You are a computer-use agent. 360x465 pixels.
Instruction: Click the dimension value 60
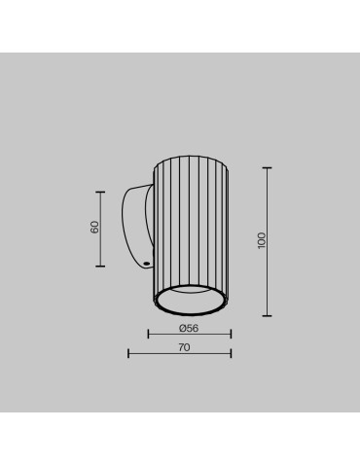94,227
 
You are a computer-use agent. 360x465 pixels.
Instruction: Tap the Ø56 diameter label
190,328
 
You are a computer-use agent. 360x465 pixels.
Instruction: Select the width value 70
185,346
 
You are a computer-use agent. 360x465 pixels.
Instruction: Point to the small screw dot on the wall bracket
145,261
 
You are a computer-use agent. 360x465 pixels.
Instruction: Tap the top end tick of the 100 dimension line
268,167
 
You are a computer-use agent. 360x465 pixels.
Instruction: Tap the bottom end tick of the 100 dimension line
268,315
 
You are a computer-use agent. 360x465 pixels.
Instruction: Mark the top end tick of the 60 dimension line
101,190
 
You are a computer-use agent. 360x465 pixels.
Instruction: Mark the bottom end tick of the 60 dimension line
101,266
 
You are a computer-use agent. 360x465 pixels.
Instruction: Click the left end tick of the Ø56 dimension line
149,335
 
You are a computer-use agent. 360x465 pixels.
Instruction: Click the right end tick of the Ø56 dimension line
232,335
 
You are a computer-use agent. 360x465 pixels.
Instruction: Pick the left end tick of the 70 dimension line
129,353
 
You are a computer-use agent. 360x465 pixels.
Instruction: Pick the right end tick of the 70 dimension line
232,353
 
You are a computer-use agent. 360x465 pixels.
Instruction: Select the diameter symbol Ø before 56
183,328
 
